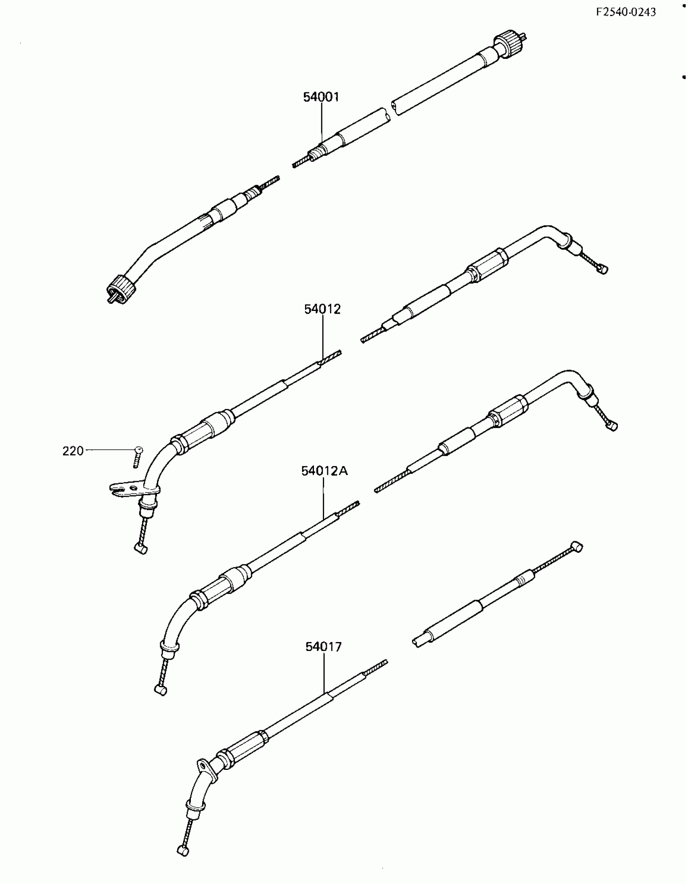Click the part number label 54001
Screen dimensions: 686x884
pos(321,97)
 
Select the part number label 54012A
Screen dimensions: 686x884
pos(324,471)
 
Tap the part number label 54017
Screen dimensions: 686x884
pos(324,647)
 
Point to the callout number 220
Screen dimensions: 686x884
pos(73,451)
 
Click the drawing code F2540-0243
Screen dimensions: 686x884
pos(625,12)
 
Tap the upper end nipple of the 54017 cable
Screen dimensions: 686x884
pos(577,548)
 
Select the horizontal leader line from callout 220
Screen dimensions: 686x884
pos(109,450)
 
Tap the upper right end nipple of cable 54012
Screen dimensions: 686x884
pos(603,269)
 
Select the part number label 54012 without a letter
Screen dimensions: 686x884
pos(322,309)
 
